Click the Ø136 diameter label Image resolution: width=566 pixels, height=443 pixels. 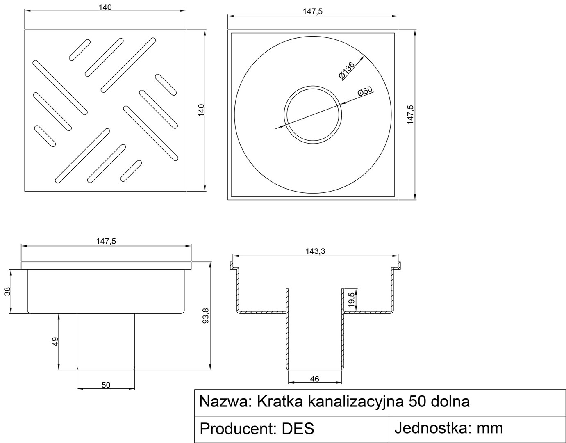coord(347,70)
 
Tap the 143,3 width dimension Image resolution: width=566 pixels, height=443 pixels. coord(316,251)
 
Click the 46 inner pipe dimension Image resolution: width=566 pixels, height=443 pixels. coord(315,379)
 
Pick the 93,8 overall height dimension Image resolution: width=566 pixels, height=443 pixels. coord(206,316)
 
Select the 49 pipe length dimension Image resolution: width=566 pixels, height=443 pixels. coord(55,341)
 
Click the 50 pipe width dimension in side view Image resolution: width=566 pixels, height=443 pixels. coord(106,385)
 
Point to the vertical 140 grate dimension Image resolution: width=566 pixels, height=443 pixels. coord(201,110)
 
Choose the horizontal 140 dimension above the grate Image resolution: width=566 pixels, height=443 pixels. coord(105,7)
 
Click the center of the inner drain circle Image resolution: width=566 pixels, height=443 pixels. coord(313,115)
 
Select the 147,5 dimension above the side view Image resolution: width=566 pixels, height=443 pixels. coord(106,242)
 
